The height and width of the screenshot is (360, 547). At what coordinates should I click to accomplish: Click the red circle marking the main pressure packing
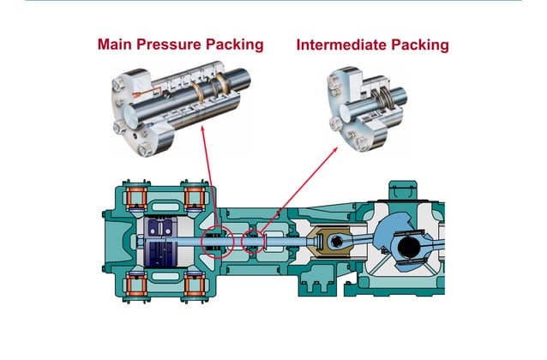click(217, 242)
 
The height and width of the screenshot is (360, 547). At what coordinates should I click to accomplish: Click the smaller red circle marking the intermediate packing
click(255, 241)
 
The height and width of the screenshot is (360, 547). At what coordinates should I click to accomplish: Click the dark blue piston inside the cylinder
click(161, 243)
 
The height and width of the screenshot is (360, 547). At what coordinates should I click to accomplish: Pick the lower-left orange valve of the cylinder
click(137, 284)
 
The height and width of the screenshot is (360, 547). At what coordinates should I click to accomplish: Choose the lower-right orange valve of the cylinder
click(195, 284)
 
